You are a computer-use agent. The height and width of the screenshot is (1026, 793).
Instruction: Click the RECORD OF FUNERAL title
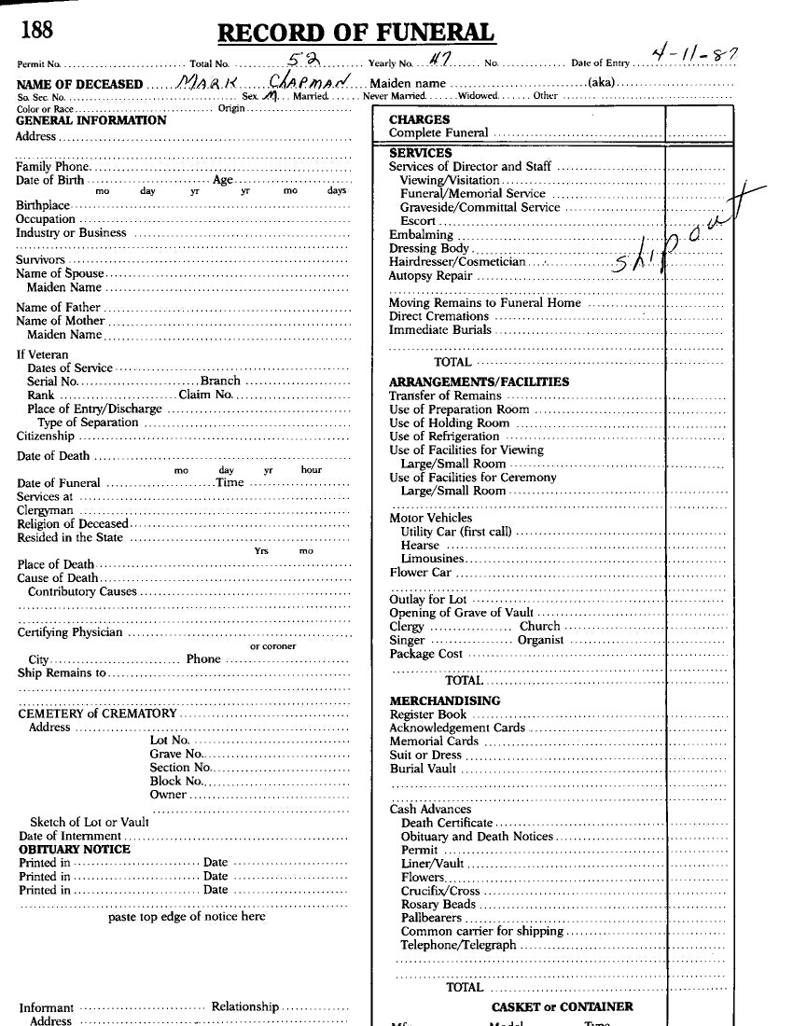(x=355, y=34)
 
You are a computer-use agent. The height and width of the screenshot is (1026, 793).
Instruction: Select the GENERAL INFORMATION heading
(x=91, y=120)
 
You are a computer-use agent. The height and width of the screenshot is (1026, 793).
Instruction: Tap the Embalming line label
(x=421, y=235)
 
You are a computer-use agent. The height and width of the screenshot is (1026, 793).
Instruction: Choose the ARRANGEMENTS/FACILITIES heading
(x=479, y=381)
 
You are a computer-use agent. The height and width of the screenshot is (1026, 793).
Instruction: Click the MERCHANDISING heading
(x=444, y=700)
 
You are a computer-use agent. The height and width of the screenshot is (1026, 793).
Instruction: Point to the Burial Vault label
(x=424, y=769)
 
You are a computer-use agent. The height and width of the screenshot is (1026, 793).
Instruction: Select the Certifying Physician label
(x=70, y=632)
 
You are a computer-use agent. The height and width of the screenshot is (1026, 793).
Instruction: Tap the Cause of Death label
(x=57, y=578)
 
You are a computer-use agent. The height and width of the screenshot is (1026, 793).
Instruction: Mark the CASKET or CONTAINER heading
(x=562, y=1006)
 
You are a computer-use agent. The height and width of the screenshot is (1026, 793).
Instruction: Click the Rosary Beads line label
(x=438, y=904)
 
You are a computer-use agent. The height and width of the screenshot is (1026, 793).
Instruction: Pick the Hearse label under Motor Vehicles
(x=420, y=545)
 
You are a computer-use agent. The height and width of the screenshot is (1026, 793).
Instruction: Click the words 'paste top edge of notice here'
(x=187, y=916)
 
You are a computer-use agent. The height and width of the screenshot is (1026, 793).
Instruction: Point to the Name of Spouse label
(x=60, y=274)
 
